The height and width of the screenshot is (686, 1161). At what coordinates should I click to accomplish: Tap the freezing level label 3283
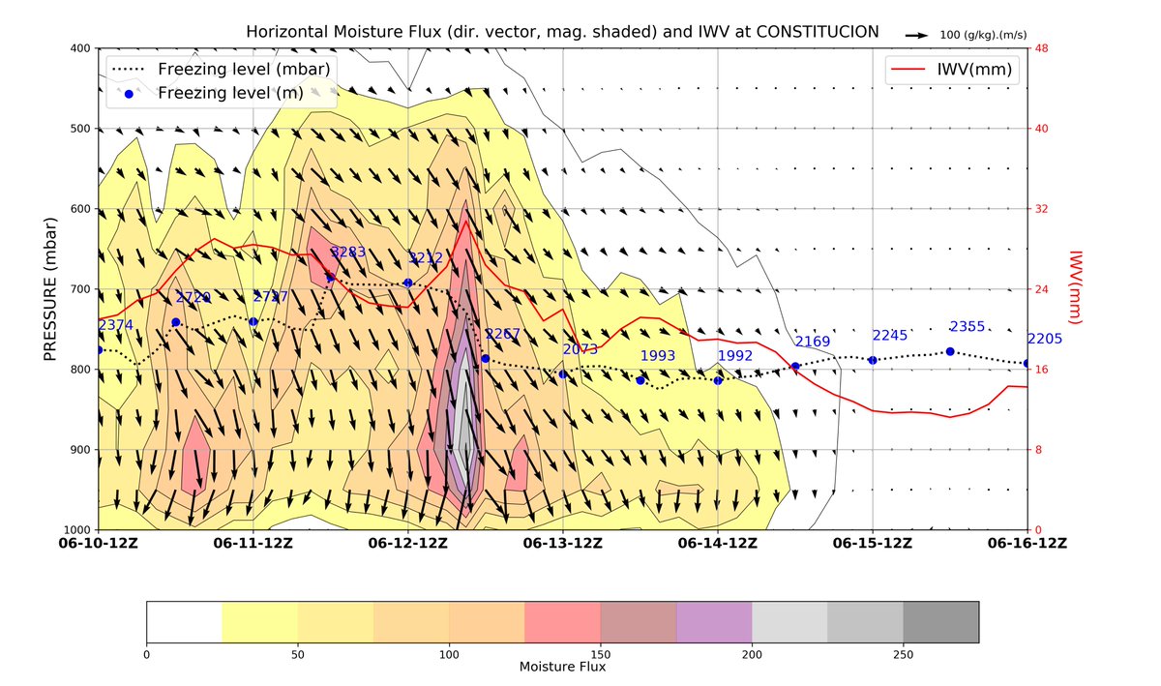348,253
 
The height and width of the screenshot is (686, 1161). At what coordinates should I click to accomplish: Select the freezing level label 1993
658,356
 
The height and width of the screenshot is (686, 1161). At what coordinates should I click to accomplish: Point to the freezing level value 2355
967,327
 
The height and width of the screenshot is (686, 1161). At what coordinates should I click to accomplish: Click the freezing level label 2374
116,326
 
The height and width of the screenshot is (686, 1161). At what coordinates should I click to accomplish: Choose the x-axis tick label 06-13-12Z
563,543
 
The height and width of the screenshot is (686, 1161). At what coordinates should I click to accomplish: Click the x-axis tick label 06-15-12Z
873,543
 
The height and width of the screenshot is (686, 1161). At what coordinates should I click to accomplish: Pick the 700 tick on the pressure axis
79,289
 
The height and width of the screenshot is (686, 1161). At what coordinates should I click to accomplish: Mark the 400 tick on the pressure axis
79,48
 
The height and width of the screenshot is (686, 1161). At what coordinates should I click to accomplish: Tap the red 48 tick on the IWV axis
1043,48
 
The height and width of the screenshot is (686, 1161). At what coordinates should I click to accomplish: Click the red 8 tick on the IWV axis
1040,450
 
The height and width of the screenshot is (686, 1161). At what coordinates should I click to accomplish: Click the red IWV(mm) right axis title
1073,289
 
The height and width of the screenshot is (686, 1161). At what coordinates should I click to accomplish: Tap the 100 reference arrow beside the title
914,35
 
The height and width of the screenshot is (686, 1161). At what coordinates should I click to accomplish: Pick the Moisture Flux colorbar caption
562,668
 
